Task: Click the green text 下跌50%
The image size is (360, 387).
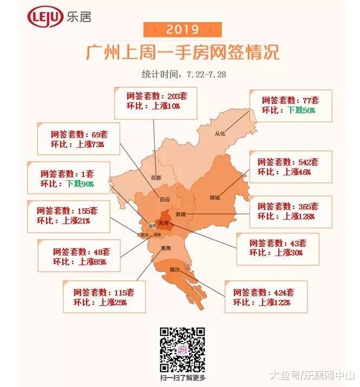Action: pyautogui.click(x=301, y=110)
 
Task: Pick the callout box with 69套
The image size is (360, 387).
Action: pyautogui.click(x=77, y=139)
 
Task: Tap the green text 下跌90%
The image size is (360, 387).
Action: pyautogui.click(x=80, y=183)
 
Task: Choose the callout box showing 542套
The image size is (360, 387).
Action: pyautogui.click(x=288, y=167)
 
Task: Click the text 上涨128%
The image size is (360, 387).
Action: pyautogui.click(x=300, y=216)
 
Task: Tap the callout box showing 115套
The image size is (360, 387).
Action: pyautogui.click(x=104, y=297)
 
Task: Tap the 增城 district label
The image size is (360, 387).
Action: pyautogui.click(x=215, y=198)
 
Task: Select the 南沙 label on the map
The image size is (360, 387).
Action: pyautogui.click(x=174, y=269)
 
